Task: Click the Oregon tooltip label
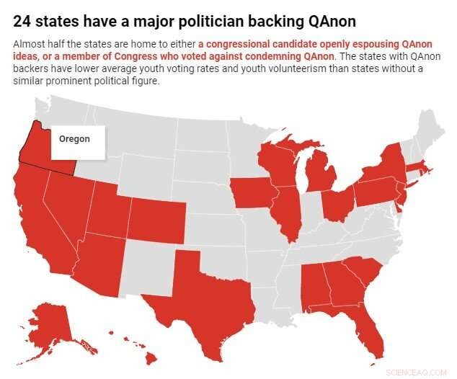point(75,139)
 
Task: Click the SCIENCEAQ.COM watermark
point(417,372)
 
